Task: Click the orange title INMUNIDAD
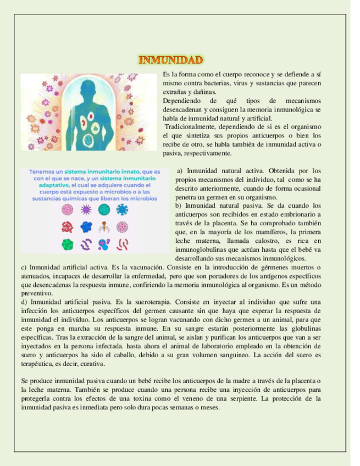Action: (x=171, y=59)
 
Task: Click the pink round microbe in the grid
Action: (x=68, y=209)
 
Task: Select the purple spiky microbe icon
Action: (x=86, y=209)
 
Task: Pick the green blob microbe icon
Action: (x=68, y=244)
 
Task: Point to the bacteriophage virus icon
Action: (x=104, y=226)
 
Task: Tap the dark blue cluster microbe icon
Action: (x=86, y=226)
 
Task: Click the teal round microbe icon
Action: (x=104, y=209)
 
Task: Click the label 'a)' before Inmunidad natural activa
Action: (x=180, y=171)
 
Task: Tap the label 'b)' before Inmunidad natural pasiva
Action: (x=179, y=206)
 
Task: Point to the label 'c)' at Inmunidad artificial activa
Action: (x=24, y=267)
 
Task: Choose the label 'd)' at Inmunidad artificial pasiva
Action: (x=24, y=302)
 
